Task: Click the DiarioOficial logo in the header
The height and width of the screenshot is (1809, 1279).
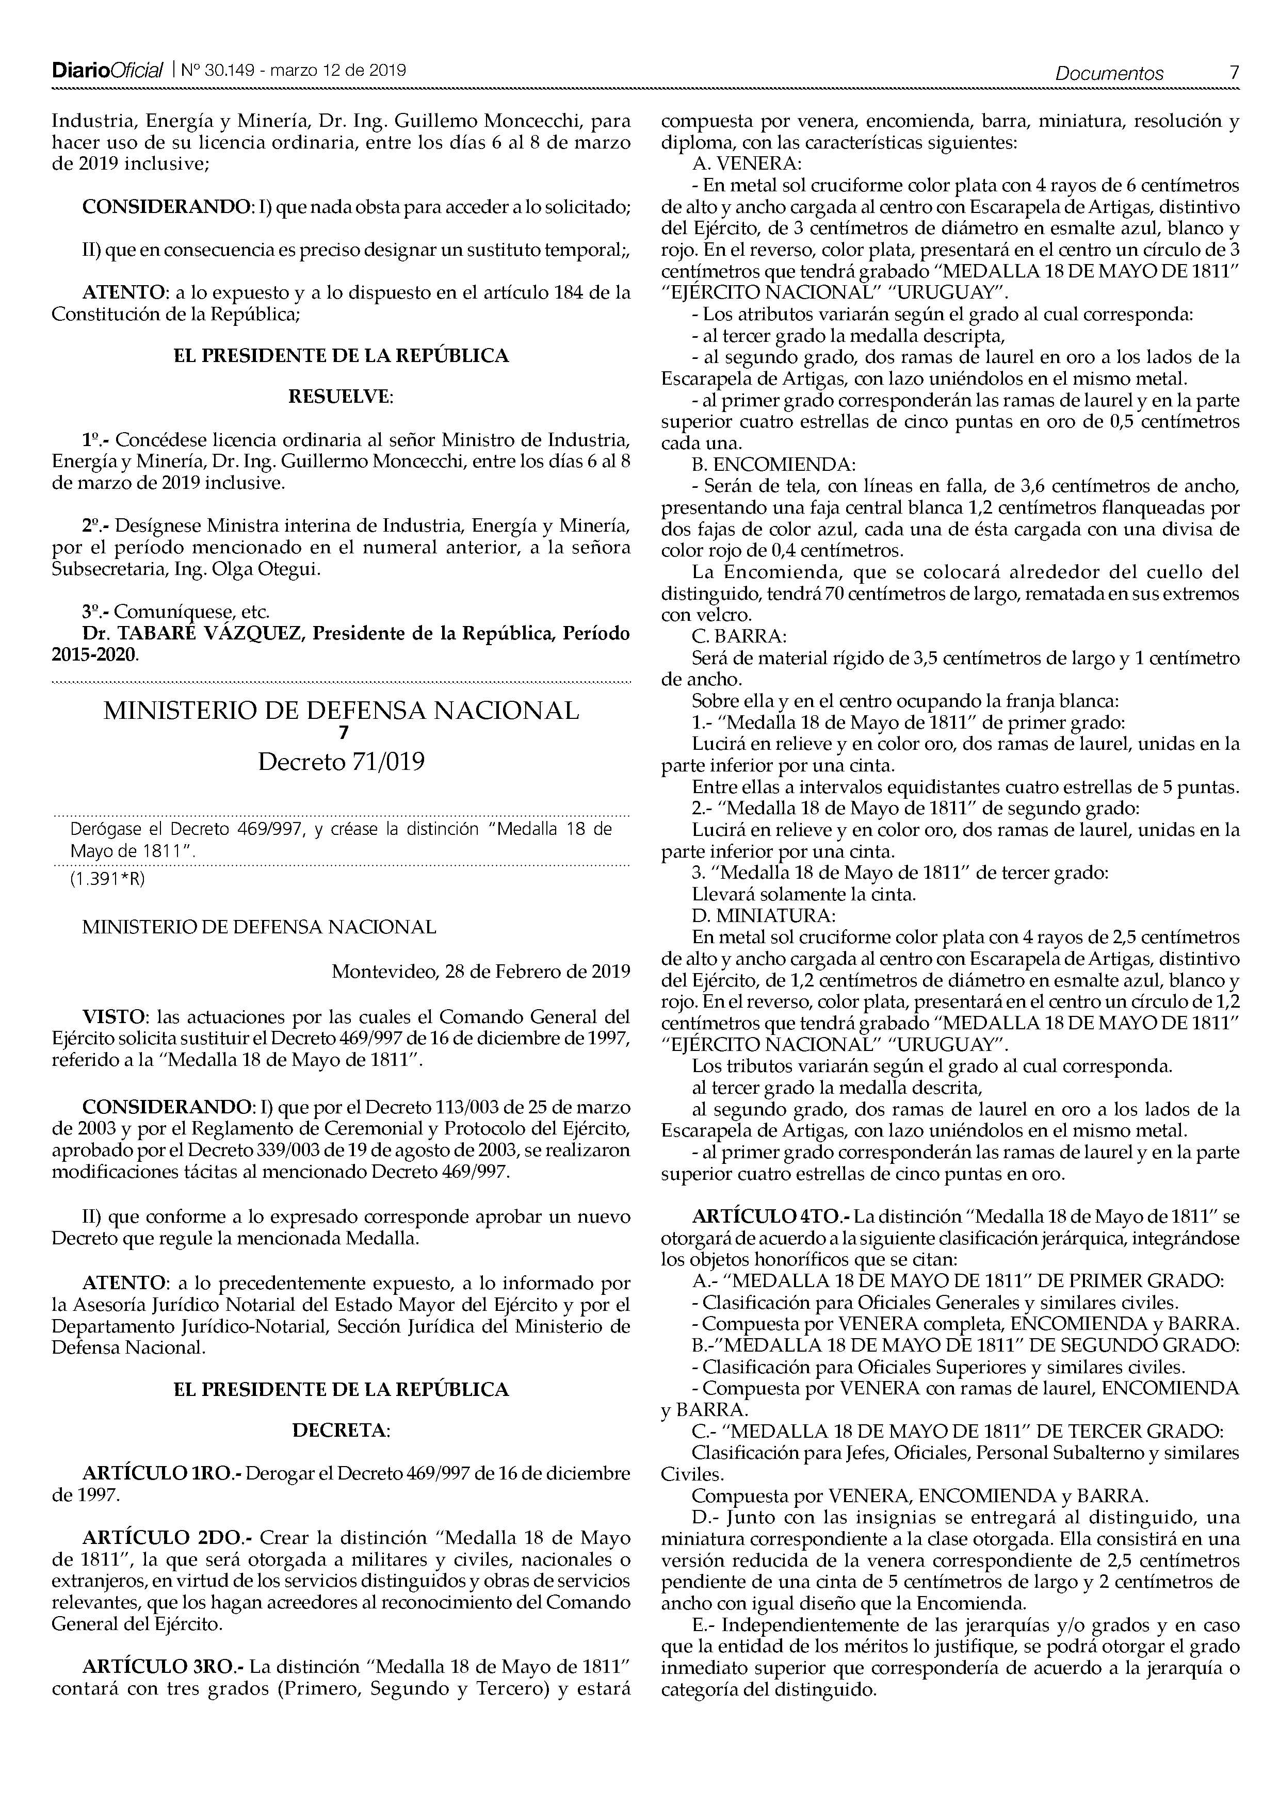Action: pyautogui.click(x=108, y=71)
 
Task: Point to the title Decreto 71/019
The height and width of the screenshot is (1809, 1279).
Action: pyautogui.click(x=341, y=763)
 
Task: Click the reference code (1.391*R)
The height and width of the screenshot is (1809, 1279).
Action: pyautogui.click(x=108, y=881)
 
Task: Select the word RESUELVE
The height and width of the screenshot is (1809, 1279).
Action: pyautogui.click(x=341, y=397)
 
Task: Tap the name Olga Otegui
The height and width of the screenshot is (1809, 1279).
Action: pyautogui.click(x=266, y=569)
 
